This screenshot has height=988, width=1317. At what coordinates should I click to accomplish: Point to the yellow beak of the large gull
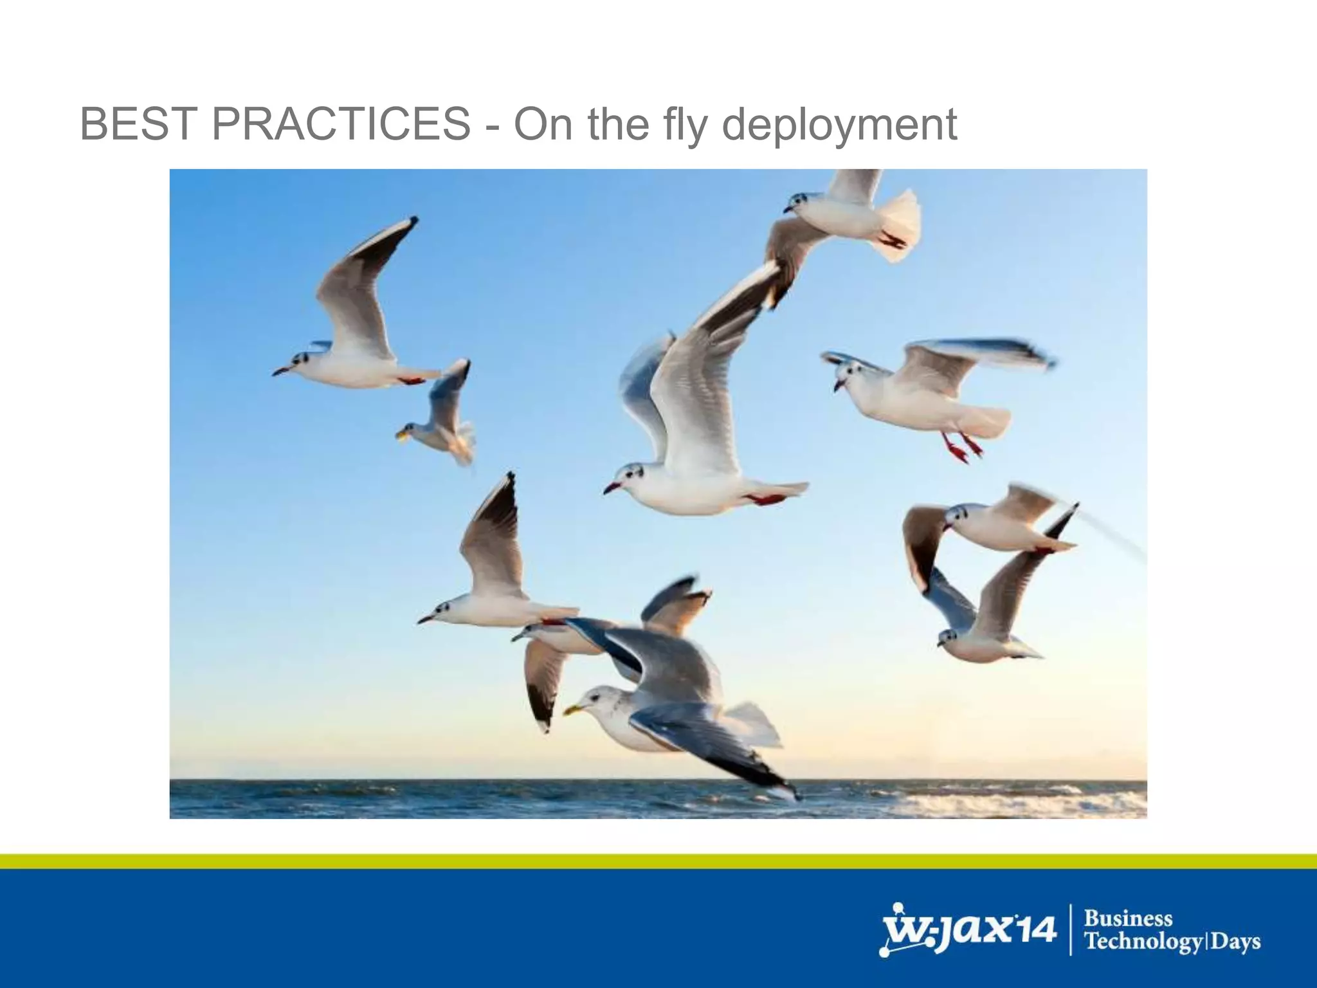point(572,709)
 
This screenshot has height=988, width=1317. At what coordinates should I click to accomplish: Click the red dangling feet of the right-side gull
point(961,448)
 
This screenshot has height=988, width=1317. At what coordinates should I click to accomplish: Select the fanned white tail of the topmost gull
point(900,225)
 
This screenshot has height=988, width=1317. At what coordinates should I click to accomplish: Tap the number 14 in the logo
point(1034,930)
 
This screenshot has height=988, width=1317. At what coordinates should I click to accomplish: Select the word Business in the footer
point(1127,919)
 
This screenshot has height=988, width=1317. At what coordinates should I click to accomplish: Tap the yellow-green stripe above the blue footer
point(658,861)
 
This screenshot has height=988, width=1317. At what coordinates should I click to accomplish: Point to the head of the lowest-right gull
point(948,637)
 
